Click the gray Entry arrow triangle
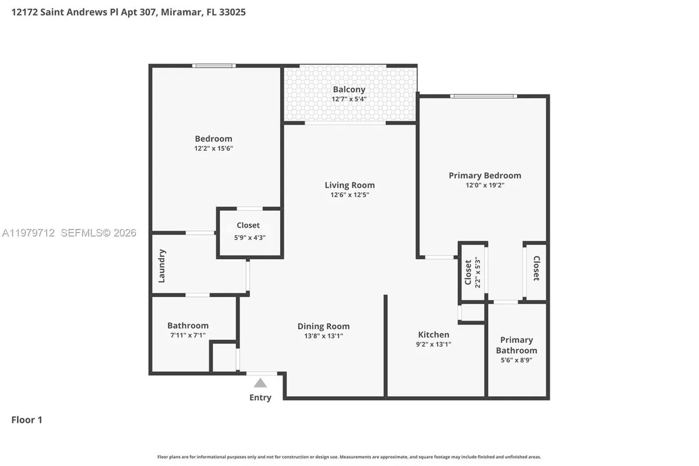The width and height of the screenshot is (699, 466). (260, 383)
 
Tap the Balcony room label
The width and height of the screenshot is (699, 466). (349, 89)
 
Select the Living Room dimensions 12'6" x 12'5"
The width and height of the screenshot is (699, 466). (349, 195)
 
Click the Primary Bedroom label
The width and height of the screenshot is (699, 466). (485, 175)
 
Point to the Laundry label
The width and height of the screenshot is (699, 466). (162, 266)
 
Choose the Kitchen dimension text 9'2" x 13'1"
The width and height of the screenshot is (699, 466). (434, 344)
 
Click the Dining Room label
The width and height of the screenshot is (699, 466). (323, 326)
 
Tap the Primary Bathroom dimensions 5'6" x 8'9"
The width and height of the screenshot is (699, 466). (517, 360)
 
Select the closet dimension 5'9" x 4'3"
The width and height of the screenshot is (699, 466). (248, 236)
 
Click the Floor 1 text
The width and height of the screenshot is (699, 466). (27, 419)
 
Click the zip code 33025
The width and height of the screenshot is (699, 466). (231, 12)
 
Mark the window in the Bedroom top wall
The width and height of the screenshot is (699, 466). (214, 66)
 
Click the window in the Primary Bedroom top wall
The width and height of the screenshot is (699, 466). (483, 96)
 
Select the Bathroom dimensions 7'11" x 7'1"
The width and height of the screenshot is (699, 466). (188, 336)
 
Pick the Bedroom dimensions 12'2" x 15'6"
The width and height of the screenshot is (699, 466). (213, 149)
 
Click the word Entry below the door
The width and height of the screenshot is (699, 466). (260, 398)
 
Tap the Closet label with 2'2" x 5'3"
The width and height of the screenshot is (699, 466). (468, 272)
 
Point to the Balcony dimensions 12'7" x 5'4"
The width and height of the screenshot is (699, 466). (349, 99)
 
